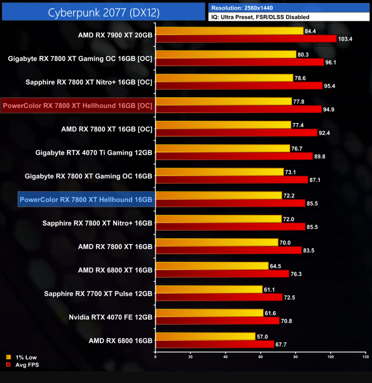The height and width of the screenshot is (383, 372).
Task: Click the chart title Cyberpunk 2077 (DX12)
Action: pos(104,13)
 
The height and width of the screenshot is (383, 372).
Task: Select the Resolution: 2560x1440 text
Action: pos(242,8)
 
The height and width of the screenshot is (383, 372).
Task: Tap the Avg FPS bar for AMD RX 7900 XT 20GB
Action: pos(246,39)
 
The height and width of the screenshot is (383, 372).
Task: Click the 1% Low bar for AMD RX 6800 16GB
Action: pos(205,337)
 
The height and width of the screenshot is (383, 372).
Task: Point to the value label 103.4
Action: pos(345,39)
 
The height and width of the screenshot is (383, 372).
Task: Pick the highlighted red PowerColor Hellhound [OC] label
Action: pos(77,106)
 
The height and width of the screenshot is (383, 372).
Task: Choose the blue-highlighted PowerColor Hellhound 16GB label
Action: pos(86,199)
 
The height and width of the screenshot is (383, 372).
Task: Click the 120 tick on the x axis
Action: pos(365,357)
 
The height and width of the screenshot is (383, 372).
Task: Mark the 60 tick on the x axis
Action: pos(261,357)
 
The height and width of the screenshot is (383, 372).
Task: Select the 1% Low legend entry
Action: pos(21,357)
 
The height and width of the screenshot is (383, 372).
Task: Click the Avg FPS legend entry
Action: pos(22,365)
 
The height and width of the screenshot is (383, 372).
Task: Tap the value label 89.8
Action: pos(320,156)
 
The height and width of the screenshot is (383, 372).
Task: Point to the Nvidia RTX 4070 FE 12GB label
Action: pos(110,317)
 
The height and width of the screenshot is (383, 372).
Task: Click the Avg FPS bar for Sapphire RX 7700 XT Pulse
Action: pos(219,297)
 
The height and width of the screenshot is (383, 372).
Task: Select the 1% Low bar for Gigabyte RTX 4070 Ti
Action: pos(223,148)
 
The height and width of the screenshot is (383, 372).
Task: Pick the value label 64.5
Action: pos(276,266)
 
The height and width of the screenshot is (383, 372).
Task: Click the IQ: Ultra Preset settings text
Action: pos(260,17)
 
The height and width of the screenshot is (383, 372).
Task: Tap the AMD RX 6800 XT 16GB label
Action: pos(115,270)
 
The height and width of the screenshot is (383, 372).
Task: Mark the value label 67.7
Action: pos(281,344)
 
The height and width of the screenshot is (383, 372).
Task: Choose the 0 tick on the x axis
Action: pos(155,357)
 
